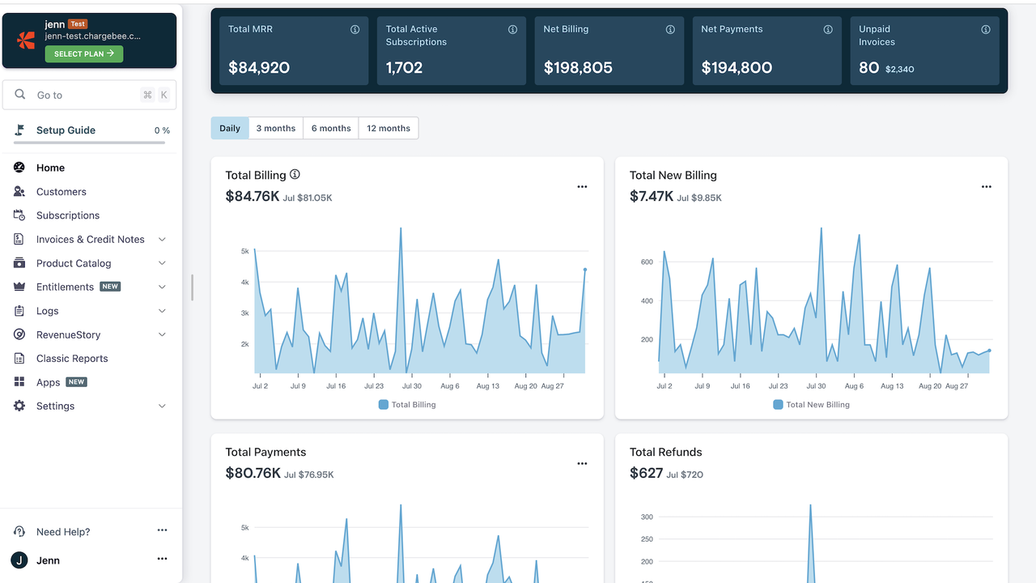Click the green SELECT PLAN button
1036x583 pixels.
pyautogui.click(x=84, y=53)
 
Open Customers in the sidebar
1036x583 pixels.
pyautogui.click(x=61, y=192)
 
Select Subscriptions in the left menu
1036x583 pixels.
pyautogui.click(x=68, y=215)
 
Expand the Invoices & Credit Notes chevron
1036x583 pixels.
pyautogui.click(x=162, y=240)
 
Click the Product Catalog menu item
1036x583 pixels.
pyautogui.click(x=74, y=263)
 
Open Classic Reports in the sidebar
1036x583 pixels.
pyautogui.click(x=72, y=359)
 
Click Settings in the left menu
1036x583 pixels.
pyautogui.click(x=55, y=406)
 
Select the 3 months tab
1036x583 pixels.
pyautogui.click(x=276, y=128)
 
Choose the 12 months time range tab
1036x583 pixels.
pyautogui.click(x=388, y=128)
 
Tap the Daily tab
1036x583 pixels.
pyautogui.click(x=230, y=128)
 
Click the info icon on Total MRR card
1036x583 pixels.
pyautogui.click(x=355, y=29)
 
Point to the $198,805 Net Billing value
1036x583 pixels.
pyautogui.click(x=578, y=68)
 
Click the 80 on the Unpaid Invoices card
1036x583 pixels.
pyautogui.click(x=868, y=68)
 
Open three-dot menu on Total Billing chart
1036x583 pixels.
pyautogui.click(x=582, y=187)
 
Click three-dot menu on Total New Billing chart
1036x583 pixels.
pyautogui.click(x=986, y=187)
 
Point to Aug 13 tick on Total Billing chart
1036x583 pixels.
pyautogui.click(x=488, y=386)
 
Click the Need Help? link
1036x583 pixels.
pyautogui.click(x=63, y=532)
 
